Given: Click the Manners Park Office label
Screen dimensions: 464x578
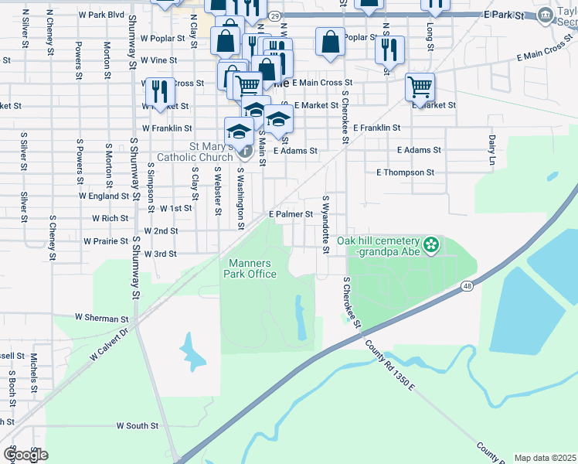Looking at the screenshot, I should [x=250, y=268].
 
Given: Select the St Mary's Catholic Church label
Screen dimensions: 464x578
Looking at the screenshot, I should [x=195, y=152].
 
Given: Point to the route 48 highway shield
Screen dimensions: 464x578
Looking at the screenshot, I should [x=467, y=287].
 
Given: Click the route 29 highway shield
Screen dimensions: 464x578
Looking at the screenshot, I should [x=274, y=15].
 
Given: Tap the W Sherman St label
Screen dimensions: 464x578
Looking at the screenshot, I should [x=101, y=318].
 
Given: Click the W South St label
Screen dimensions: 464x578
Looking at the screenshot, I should [x=137, y=425].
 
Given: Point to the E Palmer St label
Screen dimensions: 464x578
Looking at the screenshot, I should [x=290, y=214].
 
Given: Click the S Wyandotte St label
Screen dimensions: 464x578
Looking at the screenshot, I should [x=326, y=224].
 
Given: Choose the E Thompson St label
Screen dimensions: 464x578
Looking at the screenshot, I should [x=405, y=172].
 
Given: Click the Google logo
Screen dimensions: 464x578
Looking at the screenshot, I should [x=25, y=455].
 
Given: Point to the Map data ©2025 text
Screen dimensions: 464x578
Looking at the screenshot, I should [x=544, y=458].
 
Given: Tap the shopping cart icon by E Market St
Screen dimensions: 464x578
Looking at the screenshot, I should [x=420, y=87].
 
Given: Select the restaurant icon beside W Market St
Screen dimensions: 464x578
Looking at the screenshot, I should [x=160, y=91].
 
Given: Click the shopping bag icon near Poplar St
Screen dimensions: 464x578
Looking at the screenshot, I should [x=330, y=43].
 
